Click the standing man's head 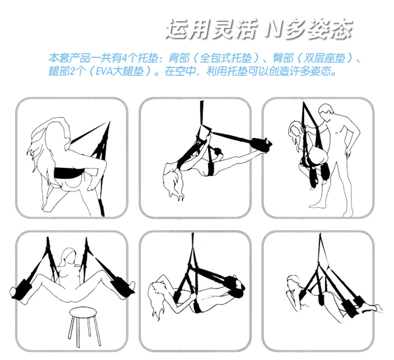pyautogui.click(x=327, y=112)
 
